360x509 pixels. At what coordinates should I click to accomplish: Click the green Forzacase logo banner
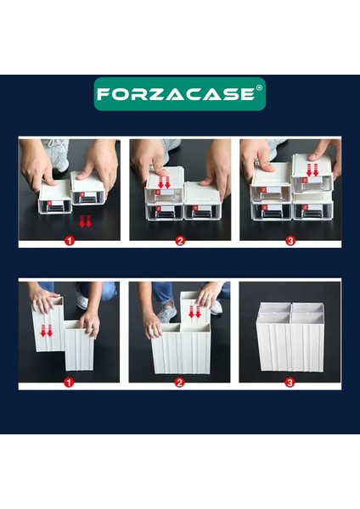pyautogui.click(x=180, y=94)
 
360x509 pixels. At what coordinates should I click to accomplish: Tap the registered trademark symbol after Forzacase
pyautogui.click(x=259, y=87)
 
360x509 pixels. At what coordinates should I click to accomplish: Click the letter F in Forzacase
pyautogui.click(x=103, y=94)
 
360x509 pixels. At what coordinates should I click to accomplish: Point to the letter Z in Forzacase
pyautogui.click(x=154, y=94)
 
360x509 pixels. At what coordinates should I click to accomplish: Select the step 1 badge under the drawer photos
pyautogui.click(x=70, y=241)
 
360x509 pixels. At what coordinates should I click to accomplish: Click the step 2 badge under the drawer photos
pyautogui.click(x=180, y=241)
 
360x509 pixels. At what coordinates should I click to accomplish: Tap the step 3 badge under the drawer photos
pyautogui.click(x=290, y=241)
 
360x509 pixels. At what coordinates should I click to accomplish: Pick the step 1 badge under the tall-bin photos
pyautogui.click(x=69, y=383)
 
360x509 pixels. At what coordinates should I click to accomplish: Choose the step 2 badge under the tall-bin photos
pyautogui.click(x=179, y=383)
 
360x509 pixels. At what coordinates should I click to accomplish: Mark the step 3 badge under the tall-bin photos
pyautogui.click(x=290, y=383)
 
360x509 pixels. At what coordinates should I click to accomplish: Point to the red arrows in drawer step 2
pyautogui.click(x=165, y=182)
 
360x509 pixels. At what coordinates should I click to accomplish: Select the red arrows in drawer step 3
pyautogui.click(x=312, y=171)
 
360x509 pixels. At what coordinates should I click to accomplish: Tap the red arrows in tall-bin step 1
pyautogui.click(x=47, y=331)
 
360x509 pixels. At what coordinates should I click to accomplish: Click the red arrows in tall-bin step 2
pyautogui.click(x=195, y=311)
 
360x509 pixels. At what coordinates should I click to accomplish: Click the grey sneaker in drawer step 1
pyautogui.click(x=59, y=154)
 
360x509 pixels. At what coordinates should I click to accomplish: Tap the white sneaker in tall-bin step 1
pyautogui.click(x=83, y=301)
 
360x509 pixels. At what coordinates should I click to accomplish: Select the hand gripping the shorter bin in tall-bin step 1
pyautogui.click(x=90, y=323)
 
